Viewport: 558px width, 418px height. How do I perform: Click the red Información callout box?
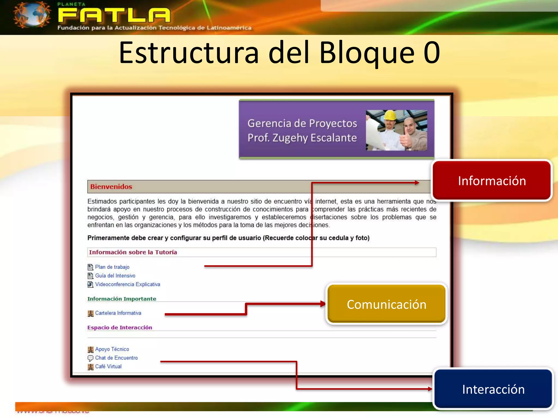(x=492, y=180)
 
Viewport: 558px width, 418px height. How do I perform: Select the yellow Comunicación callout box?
(x=386, y=304)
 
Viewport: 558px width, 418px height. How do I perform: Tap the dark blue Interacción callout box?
(x=493, y=389)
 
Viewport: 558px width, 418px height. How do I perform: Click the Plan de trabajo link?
(x=112, y=267)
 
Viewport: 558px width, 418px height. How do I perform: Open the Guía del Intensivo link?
(x=115, y=276)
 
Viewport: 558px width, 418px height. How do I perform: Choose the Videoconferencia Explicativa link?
(x=128, y=284)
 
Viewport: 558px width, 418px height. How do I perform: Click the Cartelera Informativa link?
(x=118, y=313)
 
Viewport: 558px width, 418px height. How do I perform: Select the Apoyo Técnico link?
(x=112, y=349)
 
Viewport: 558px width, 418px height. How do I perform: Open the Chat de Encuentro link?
(x=116, y=358)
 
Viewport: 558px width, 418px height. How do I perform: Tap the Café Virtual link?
(x=108, y=367)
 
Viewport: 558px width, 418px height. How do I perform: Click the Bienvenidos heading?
(x=111, y=187)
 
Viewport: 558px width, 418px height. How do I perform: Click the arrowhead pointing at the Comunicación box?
(x=323, y=304)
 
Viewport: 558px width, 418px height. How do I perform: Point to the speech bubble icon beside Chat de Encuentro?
(x=90, y=358)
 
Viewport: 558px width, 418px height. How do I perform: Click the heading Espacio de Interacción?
(x=120, y=328)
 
